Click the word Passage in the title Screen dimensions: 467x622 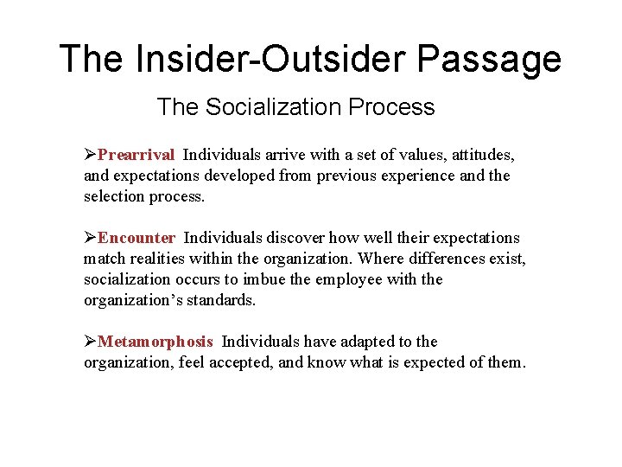coord(489,59)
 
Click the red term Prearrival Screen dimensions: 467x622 coord(136,155)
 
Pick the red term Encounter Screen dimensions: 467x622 coord(136,238)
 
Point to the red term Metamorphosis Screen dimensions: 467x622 coord(155,342)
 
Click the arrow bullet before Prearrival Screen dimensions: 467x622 coord(90,155)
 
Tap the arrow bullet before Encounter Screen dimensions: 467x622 coord(90,238)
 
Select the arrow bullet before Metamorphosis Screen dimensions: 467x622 coord(90,342)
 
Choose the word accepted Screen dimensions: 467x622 coord(244,362)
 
